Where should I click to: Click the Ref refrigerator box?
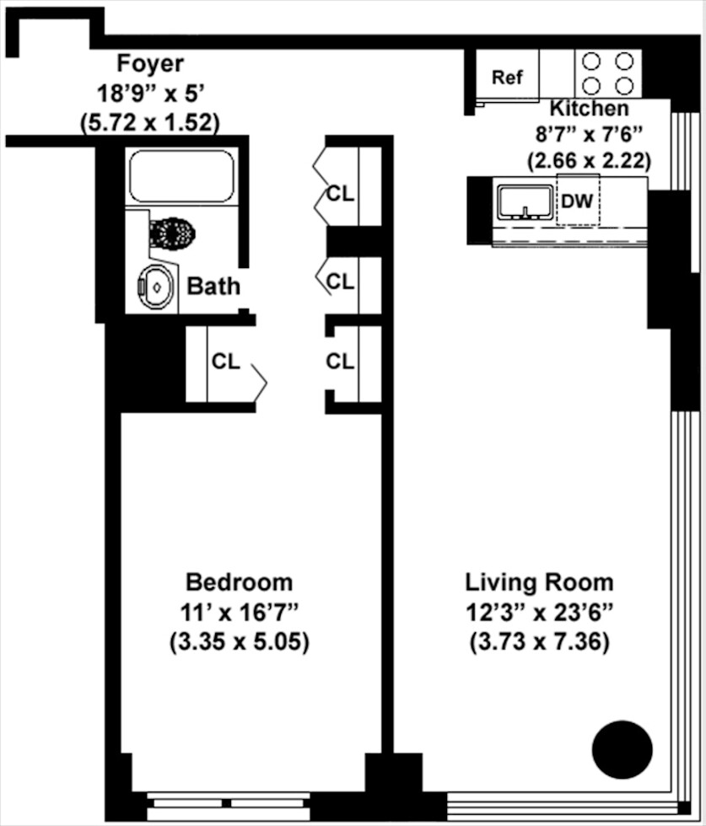(508, 78)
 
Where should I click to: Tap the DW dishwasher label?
(578, 201)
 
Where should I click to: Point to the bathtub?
(181, 175)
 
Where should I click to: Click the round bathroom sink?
(156, 287)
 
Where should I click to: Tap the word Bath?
(213, 287)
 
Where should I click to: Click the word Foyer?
(149, 63)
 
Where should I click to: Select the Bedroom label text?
(239, 582)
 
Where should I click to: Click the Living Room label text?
(539, 582)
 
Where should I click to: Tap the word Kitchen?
(589, 109)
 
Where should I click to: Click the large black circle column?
(622, 749)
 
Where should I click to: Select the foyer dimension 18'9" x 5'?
(149, 93)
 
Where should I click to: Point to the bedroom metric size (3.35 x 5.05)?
(239, 641)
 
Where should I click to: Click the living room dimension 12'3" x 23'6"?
(539, 612)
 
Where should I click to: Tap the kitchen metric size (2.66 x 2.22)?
(589, 159)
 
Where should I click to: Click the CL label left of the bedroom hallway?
(225, 362)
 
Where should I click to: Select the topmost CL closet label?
(340, 193)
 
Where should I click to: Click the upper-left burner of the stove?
(592, 61)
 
